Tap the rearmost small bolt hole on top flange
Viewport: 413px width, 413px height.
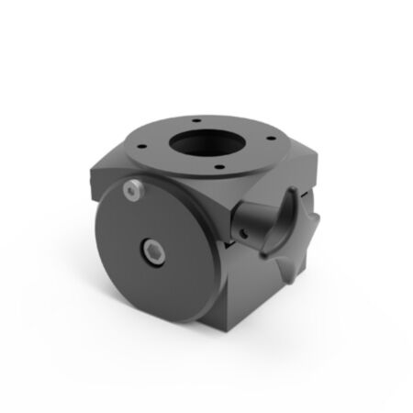(196, 117)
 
